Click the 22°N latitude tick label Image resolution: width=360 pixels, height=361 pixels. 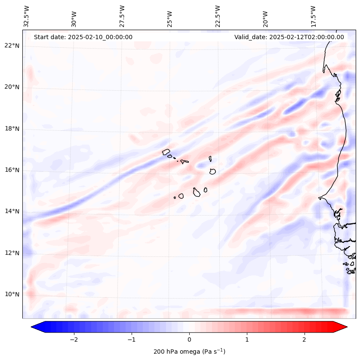point(12,46)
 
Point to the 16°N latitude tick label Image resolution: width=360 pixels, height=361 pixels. point(12,170)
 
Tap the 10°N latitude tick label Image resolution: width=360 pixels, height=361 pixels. point(12,294)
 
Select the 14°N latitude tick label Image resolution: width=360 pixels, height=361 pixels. point(12,211)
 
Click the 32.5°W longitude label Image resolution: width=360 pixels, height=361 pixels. point(27,16)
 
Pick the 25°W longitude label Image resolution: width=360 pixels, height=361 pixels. point(170,18)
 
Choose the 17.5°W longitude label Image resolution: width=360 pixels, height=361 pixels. point(314,16)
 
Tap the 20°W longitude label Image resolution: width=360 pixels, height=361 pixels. point(265,18)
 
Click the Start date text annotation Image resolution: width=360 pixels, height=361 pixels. point(83,37)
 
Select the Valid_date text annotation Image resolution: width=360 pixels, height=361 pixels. point(289,37)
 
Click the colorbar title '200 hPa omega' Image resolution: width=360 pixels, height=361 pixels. point(189,352)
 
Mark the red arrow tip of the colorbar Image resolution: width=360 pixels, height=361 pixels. point(346,327)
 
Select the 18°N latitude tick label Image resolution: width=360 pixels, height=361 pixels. point(12,129)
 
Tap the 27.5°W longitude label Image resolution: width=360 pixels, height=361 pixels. point(122,16)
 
